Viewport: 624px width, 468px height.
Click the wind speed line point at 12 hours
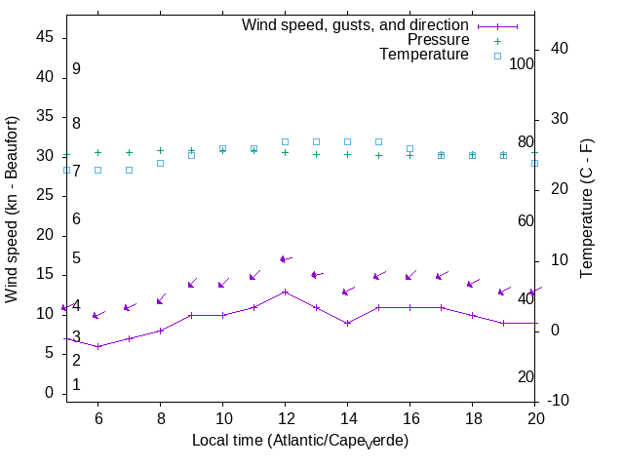tap(285, 292)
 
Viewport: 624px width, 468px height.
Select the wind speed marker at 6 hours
tap(97, 346)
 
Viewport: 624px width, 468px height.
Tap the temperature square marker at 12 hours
tap(285, 141)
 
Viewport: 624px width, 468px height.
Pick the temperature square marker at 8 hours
tap(160, 163)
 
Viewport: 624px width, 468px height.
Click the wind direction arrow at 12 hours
tap(286, 259)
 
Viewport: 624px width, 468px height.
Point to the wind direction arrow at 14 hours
tap(348, 291)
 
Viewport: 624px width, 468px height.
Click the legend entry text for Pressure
tap(438, 40)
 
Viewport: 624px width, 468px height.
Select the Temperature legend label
tap(424, 55)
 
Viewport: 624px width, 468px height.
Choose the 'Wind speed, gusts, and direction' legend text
tap(356, 25)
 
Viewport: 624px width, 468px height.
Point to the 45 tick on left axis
tap(45, 37)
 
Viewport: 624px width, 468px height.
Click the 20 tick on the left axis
tap(45, 235)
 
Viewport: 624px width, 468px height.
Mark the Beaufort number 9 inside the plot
tap(75, 69)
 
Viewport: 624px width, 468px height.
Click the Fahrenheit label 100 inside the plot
tap(522, 64)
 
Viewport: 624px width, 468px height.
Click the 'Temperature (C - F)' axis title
tap(588, 207)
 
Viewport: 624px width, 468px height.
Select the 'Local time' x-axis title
tap(300, 441)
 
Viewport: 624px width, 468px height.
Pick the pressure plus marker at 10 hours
tap(222, 150)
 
